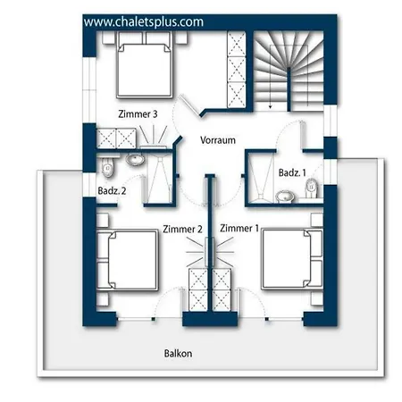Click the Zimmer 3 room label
click(138, 114)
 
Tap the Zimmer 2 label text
click(182, 229)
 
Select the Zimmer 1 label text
click(239, 228)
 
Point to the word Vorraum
click(218, 140)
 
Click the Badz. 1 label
click(292, 172)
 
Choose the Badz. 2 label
click(112, 190)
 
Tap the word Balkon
click(178, 354)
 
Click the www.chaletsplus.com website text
click(144, 22)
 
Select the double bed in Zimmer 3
click(145, 65)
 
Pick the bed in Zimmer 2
click(128, 260)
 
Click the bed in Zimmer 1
click(292, 259)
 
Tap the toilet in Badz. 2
click(107, 166)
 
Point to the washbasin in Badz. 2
click(135, 159)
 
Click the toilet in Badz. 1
click(312, 188)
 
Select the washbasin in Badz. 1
click(285, 197)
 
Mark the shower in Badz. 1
click(261, 178)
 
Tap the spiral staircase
click(289, 71)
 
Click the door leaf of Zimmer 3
click(188, 105)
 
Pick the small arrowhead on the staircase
click(271, 106)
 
